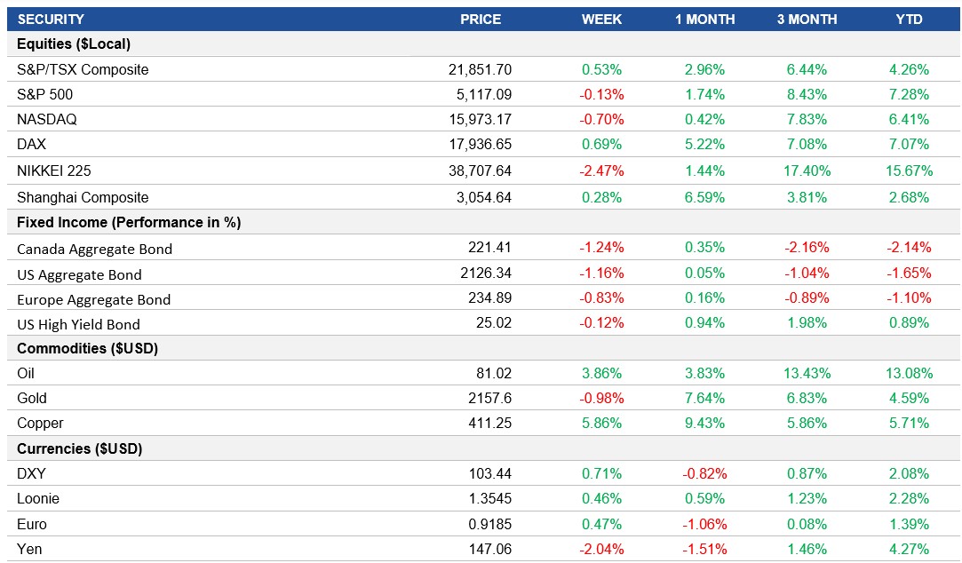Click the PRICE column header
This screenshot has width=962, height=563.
tap(481, 19)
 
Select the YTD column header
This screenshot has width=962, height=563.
tap(910, 19)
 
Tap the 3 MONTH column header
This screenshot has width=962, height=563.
tap(807, 19)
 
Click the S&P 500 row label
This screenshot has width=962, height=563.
tap(44, 94)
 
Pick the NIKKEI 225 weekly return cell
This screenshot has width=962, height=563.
tap(601, 170)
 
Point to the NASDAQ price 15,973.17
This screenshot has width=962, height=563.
tap(481, 119)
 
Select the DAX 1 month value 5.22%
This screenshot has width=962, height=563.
tap(704, 144)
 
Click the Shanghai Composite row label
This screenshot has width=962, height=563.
tap(83, 197)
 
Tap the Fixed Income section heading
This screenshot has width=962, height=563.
tap(129, 222)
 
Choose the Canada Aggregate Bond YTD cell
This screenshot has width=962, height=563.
tap(910, 248)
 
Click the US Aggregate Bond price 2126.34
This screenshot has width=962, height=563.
tap(489, 274)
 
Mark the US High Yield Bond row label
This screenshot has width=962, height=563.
tap(78, 324)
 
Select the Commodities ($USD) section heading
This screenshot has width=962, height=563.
tap(87, 348)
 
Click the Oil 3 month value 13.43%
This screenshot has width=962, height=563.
tap(807, 373)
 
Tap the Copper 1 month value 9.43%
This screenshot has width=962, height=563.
tap(704, 423)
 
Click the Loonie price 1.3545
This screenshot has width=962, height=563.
tap(489, 498)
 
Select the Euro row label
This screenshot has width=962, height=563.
tap(32, 524)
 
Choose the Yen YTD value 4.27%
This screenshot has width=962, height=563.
tap(910, 549)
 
